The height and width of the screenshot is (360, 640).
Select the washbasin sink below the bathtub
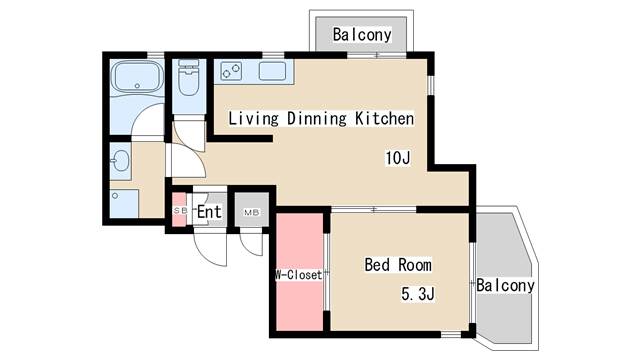121,160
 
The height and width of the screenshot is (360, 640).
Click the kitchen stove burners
231,71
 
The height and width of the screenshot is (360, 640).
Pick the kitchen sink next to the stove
273,71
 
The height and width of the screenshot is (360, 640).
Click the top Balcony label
362,34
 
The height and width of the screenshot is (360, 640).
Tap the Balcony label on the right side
505,285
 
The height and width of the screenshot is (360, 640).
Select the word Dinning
317,119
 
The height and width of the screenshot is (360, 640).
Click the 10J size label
398,157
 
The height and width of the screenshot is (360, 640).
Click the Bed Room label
398,265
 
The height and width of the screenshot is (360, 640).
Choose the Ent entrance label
209,212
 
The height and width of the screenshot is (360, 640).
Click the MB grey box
248,212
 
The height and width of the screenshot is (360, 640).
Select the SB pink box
180,211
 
